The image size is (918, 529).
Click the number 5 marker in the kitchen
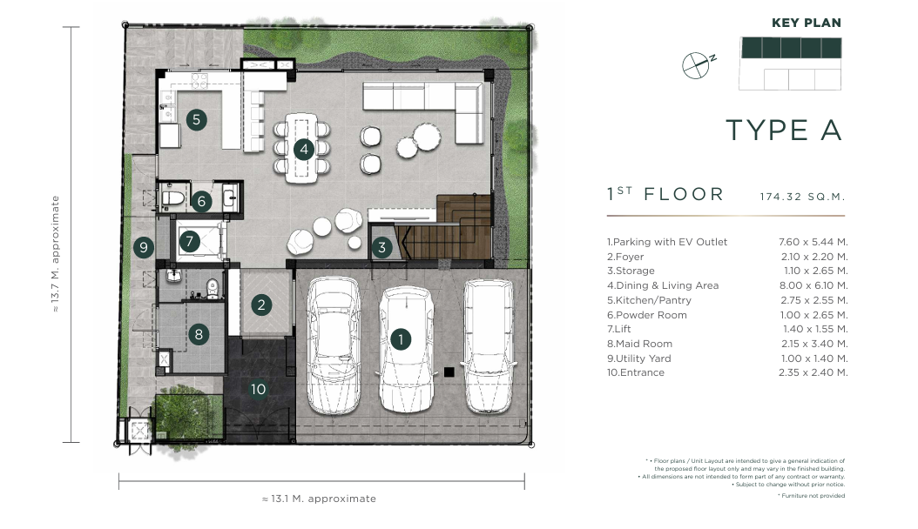(197, 120)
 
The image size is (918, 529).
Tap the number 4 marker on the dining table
(304, 150)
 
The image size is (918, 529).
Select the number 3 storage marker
(382, 248)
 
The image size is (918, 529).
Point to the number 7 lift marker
(189, 241)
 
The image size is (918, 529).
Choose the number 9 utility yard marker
(144, 247)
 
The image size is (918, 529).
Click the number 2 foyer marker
(261, 305)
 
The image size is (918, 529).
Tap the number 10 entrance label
(258, 389)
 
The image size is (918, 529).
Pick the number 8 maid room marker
(199, 334)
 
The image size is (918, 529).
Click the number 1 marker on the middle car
(401, 339)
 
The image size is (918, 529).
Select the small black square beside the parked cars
(449, 372)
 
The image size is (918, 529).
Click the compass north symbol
(699, 64)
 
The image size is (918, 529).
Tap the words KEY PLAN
(807, 23)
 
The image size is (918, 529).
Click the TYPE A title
(784, 130)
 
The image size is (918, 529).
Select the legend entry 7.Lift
(619, 329)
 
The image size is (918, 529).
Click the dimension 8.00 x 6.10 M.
(813, 285)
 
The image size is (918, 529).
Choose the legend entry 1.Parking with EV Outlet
(667, 242)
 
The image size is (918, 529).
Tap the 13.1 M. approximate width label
(319, 499)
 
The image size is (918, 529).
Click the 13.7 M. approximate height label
(55, 254)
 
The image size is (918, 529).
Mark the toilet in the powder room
(172, 198)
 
